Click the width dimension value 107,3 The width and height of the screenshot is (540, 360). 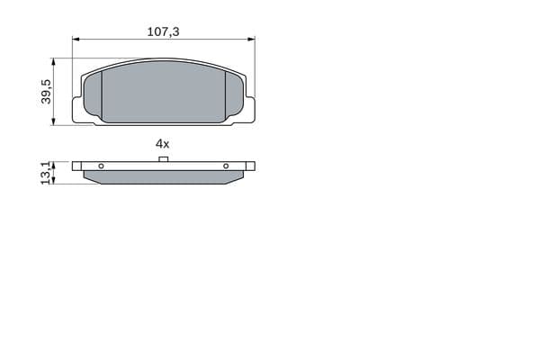pos(163,31)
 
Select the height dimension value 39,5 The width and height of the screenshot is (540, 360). pos(46,92)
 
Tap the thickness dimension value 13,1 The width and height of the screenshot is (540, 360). pos(46,174)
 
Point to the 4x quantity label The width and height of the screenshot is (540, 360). pos(163,144)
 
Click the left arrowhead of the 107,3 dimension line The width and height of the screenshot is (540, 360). pos(76,39)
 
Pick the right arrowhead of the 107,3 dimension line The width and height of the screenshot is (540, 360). pos(251,39)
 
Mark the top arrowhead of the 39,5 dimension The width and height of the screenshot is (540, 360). pos(53,62)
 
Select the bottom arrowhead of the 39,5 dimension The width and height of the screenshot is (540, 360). pos(53,121)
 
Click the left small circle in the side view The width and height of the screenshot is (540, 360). pos(101,166)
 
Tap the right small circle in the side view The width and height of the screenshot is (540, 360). pos(226,166)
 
